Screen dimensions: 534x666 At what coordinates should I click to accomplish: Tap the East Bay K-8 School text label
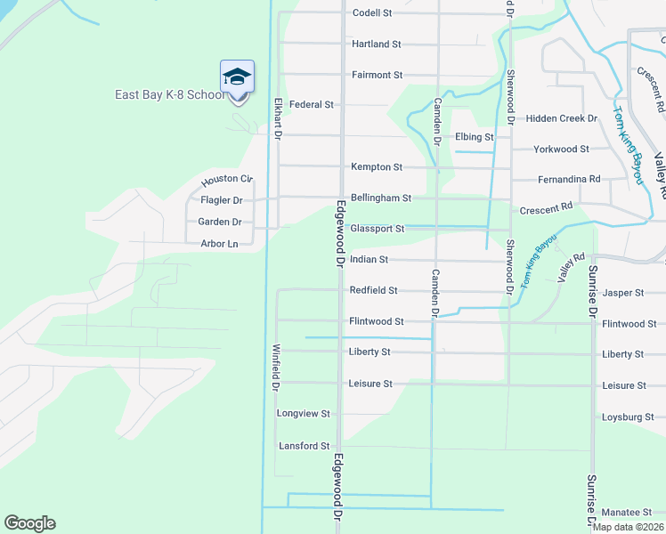click(x=169, y=95)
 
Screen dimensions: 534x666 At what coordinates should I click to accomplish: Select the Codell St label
click(x=372, y=13)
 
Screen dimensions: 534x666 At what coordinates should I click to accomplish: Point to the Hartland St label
click(x=376, y=44)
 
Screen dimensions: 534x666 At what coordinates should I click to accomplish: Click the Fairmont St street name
click(x=377, y=75)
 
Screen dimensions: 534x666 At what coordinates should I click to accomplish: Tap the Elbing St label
click(x=474, y=137)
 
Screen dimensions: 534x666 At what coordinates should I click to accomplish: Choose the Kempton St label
click(x=377, y=166)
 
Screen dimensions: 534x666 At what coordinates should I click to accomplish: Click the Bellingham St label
click(x=380, y=198)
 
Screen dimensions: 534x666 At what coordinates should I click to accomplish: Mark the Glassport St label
click(x=378, y=229)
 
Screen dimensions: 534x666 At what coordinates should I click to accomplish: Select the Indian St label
click(x=370, y=260)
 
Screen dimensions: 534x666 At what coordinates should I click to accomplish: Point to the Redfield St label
click(x=373, y=290)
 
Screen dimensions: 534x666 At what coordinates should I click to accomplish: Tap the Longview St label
click(x=304, y=414)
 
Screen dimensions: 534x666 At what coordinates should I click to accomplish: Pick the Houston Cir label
click(x=227, y=179)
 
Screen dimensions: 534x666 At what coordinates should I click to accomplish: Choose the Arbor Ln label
click(x=220, y=244)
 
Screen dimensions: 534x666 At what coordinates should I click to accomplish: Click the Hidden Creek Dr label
click(x=561, y=117)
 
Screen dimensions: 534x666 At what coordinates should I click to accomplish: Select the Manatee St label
click(x=632, y=512)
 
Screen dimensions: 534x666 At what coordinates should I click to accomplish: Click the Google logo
click(x=29, y=523)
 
